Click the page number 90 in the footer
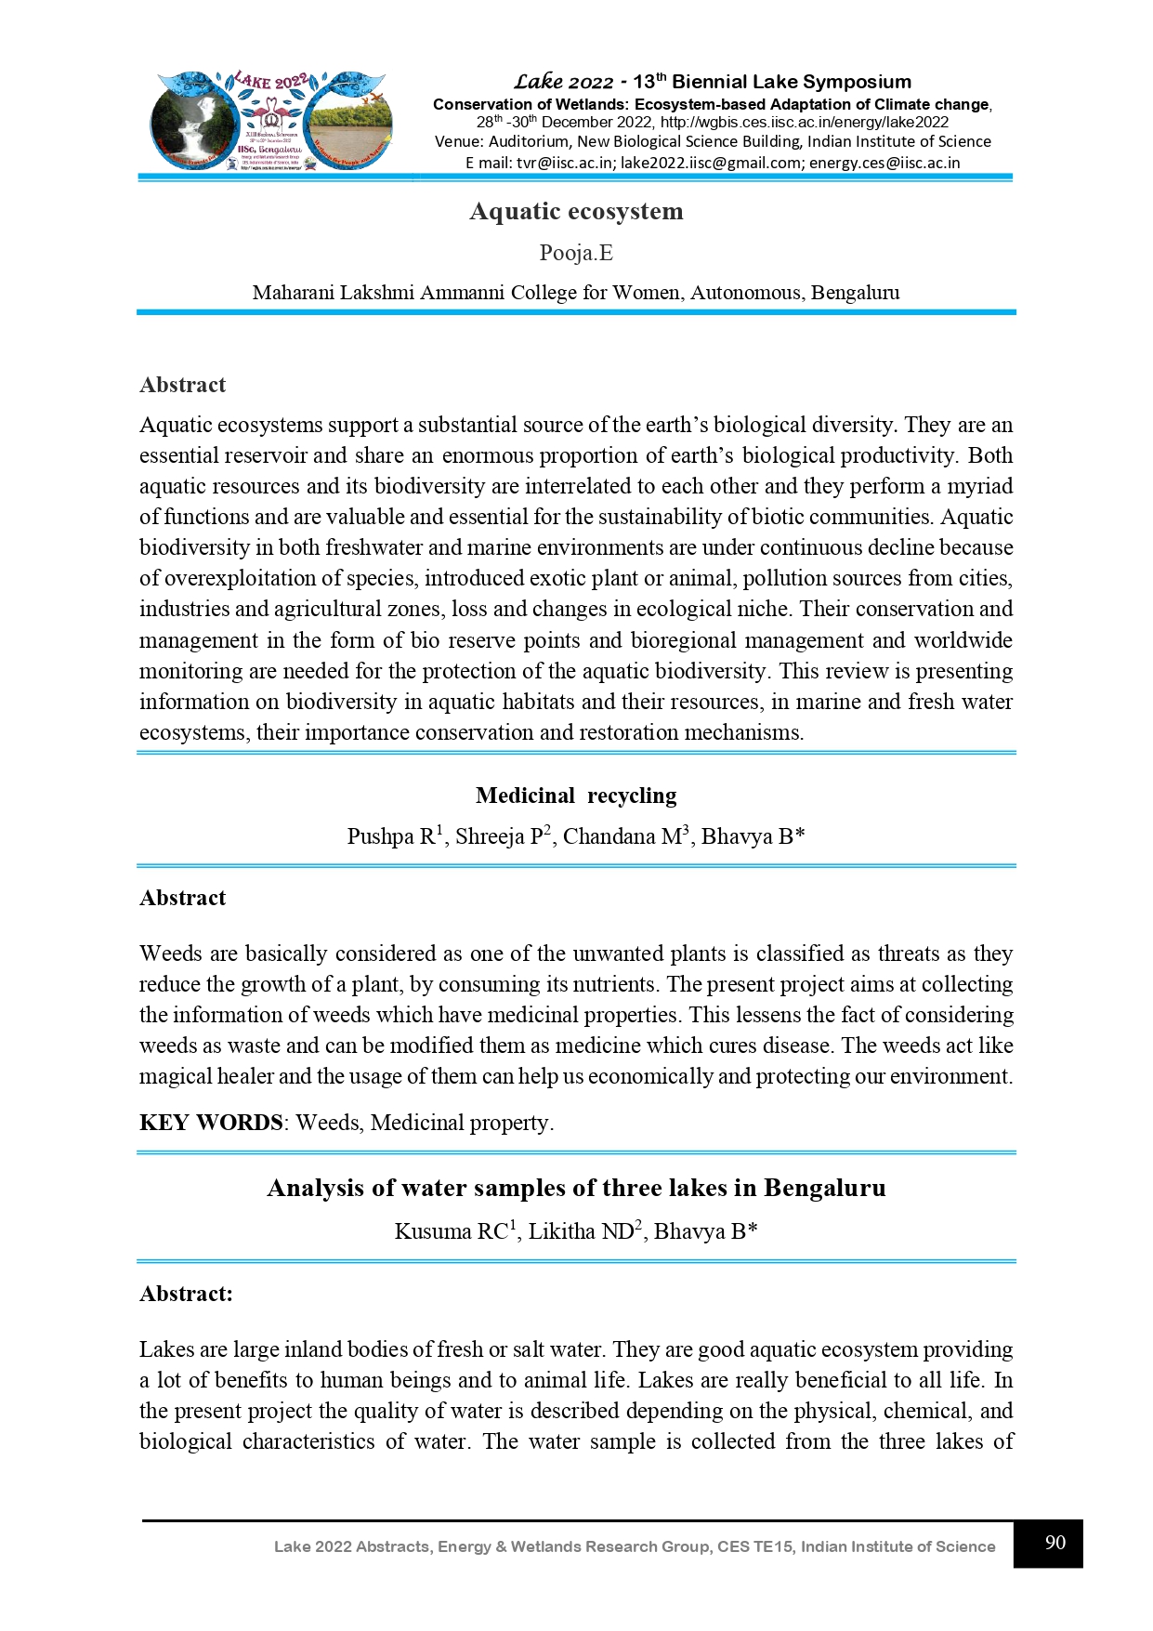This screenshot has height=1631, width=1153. tap(1055, 1543)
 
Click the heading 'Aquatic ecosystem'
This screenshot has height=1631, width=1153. tap(576, 211)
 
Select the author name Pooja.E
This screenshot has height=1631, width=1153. tap(576, 253)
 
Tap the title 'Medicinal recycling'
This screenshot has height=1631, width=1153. tap(576, 796)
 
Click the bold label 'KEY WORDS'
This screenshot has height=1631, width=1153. tap(211, 1123)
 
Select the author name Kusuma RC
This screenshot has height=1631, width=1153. tap(451, 1231)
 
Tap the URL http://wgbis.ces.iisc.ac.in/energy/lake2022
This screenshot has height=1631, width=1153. tap(805, 122)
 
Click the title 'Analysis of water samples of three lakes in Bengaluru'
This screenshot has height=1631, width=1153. tap(576, 1188)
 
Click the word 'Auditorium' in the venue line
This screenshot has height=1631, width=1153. tap(528, 141)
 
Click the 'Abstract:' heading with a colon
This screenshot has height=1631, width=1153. tap(186, 1294)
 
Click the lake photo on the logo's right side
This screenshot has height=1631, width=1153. tap(349, 125)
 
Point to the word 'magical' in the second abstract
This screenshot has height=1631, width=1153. tap(175, 1076)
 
